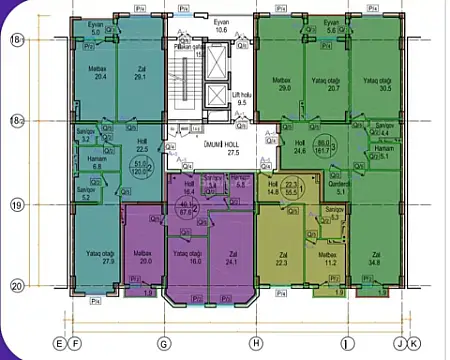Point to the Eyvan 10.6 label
click(x=222, y=27)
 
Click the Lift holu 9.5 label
click(x=241, y=98)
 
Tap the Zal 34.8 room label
click(x=376, y=259)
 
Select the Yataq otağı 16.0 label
click(x=188, y=255)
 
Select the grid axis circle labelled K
click(x=413, y=343)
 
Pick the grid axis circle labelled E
click(x=61, y=343)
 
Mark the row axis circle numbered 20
click(x=15, y=285)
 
